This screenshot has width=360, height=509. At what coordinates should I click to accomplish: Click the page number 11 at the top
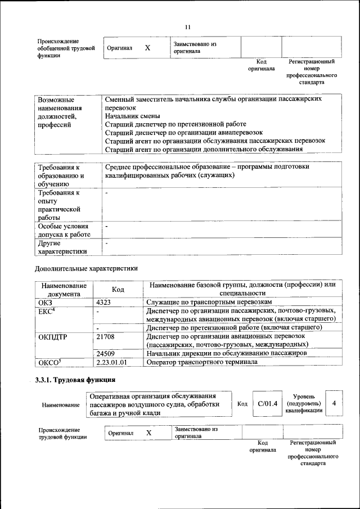pyautogui.click(x=188, y=26)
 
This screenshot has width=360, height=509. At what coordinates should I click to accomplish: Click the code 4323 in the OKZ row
pyautogui.click(x=103, y=302)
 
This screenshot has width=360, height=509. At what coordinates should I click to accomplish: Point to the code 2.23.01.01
pyautogui.click(x=111, y=362)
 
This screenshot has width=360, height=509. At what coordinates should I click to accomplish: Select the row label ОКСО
pyautogui.click(x=49, y=362)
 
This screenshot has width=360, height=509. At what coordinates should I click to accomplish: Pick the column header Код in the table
pyautogui.click(x=118, y=289)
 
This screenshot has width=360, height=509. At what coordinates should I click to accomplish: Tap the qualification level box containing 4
pyautogui.click(x=334, y=403)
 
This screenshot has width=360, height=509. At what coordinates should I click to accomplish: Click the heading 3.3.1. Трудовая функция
pyautogui.click(x=75, y=380)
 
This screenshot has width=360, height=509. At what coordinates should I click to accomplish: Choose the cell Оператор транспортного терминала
pyautogui.click(x=202, y=362)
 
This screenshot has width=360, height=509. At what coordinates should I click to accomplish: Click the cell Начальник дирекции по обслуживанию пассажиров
pyautogui.click(x=226, y=353)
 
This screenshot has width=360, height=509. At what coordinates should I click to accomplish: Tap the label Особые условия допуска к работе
pyautogui.click(x=64, y=230)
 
